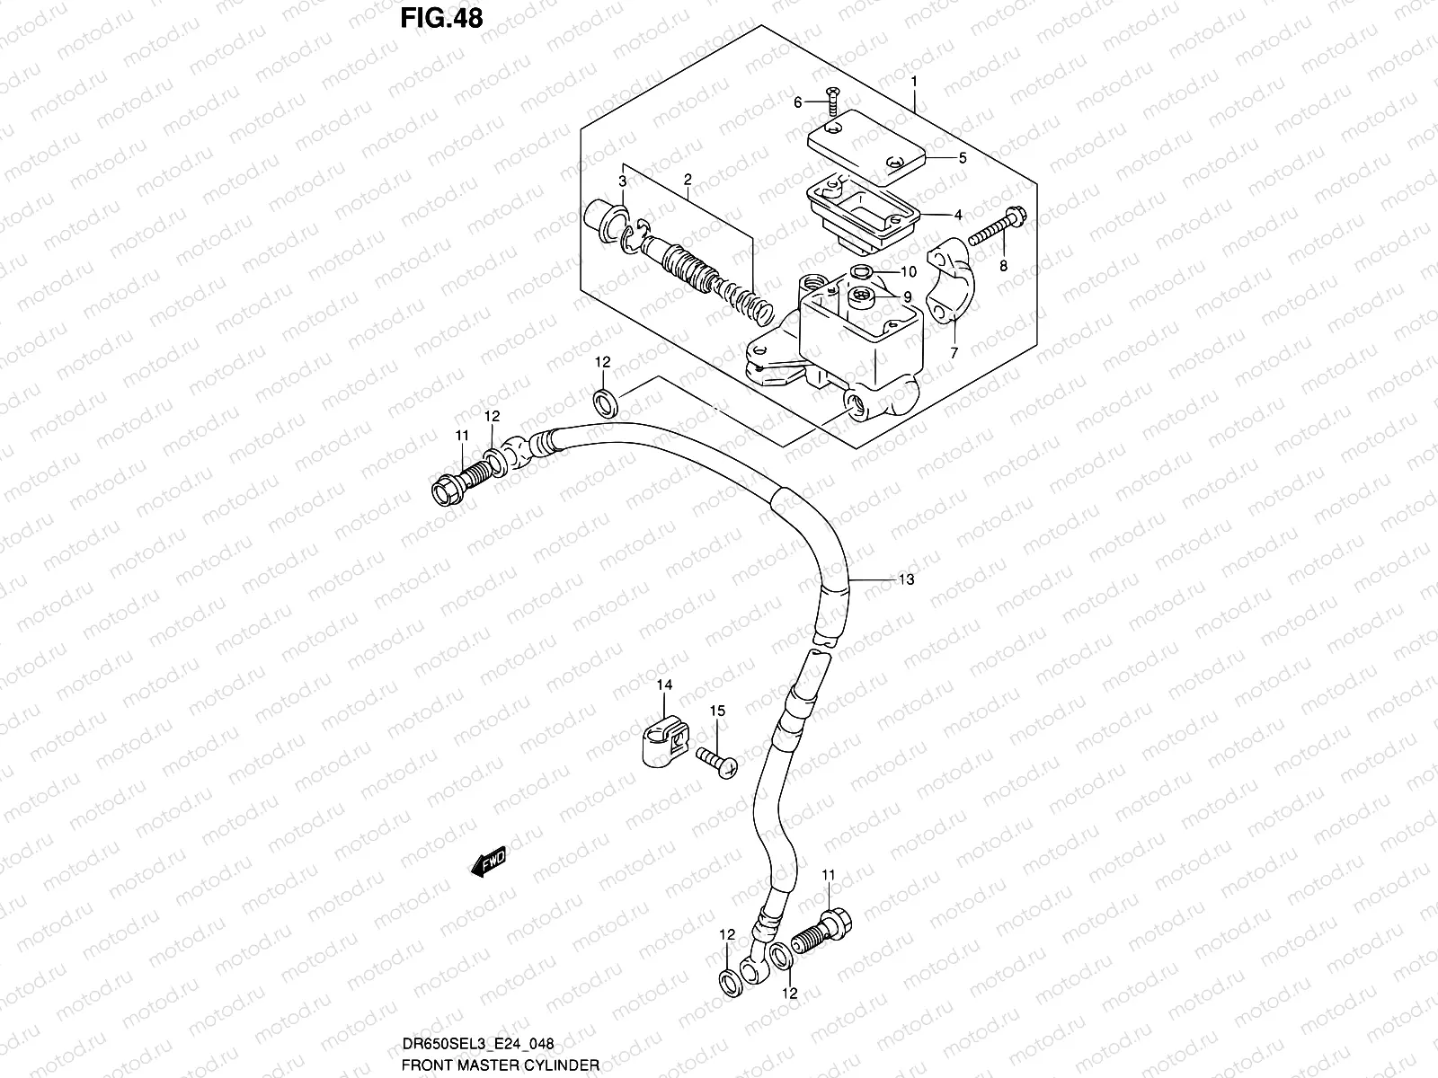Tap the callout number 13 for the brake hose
point(906,580)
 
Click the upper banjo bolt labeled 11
point(457,481)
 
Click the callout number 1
point(914,82)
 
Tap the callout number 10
point(908,272)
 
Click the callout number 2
point(687,180)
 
